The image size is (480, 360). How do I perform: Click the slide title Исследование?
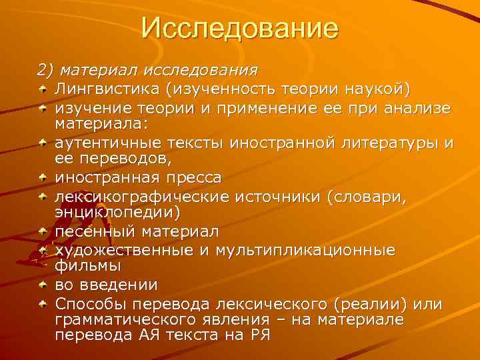click(240, 29)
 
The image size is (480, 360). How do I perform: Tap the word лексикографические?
click(142, 197)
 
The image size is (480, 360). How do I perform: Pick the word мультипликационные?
click(311, 250)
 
